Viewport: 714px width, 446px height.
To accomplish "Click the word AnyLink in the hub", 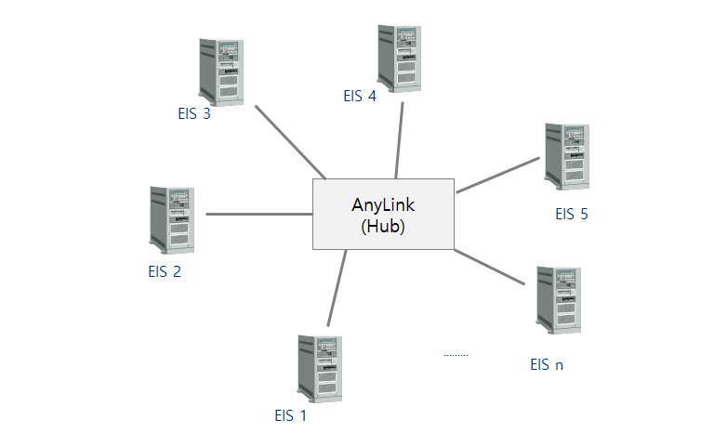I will click(383, 205).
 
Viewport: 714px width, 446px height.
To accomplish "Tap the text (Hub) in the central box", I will click(383, 225).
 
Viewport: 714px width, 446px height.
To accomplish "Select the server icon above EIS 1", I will click(319, 368).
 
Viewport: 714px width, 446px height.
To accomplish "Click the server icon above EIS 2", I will click(172, 219).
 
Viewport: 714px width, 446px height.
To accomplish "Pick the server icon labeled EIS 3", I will click(222, 71).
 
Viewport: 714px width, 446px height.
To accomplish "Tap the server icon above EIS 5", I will click(567, 156).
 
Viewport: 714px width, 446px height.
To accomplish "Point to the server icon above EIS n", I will click(559, 299).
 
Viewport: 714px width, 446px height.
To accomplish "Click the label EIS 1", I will click(290, 416).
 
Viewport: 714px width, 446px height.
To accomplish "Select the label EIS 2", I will click(165, 272).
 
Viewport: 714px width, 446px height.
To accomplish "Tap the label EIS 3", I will click(194, 115).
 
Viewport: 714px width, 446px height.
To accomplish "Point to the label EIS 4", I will click(360, 96).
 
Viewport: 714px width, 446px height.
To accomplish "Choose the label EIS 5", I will click(572, 215).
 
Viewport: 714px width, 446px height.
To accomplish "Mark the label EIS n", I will click(547, 364).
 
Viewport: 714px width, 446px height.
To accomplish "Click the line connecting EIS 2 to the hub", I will click(258, 214).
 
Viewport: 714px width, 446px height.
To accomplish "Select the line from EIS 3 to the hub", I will click(290, 141).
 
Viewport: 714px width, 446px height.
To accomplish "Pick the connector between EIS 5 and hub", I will click(497, 175).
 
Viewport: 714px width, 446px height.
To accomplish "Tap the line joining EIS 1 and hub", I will click(337, 288).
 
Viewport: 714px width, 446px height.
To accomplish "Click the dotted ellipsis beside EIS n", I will click(456, 355).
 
